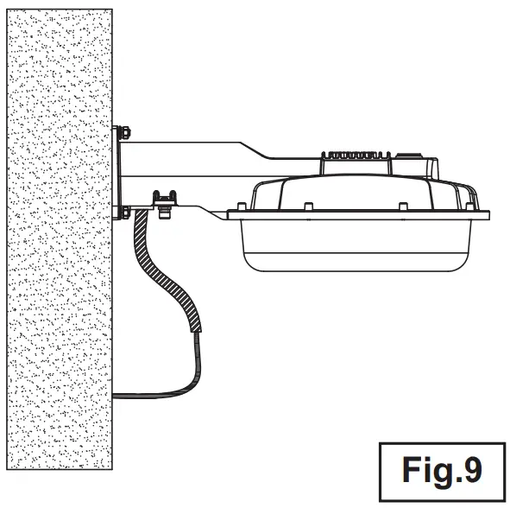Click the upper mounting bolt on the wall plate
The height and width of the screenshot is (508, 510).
(x=124, y=132)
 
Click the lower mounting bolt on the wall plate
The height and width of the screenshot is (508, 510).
(x=125, y=212)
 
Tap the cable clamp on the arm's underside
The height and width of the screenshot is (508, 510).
(x=165, y=199)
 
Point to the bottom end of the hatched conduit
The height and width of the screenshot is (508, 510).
(x=196, y=331)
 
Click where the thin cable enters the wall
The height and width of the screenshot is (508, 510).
(x=113, y=396)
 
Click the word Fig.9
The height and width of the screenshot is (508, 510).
(x=442, y=471)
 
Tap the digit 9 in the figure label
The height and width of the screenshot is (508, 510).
(x=472, y=470)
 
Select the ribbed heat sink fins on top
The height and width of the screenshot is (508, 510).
(x=356, y=155)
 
